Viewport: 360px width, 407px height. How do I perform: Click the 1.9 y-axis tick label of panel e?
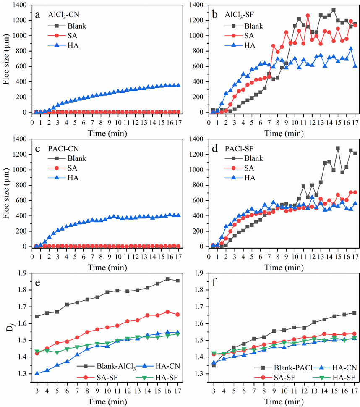click(21, 273)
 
